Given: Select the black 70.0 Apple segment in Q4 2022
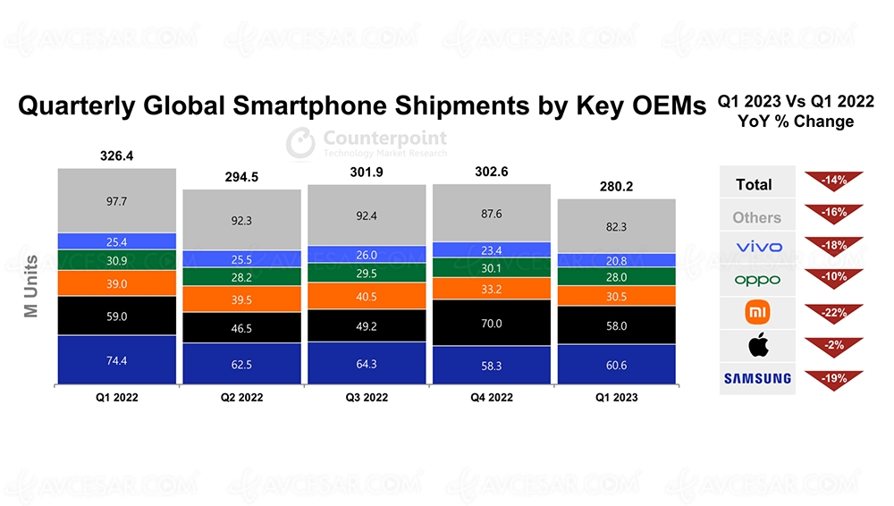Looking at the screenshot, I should tap(491, 323).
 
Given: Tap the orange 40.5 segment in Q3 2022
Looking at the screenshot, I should tap(367, 296).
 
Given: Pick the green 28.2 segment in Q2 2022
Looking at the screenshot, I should tap(242, 278).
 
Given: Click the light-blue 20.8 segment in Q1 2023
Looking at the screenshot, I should tap(616, 260).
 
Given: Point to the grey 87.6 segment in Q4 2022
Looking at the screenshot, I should tap(491, 214).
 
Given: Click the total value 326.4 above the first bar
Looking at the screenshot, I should tap(117, 156).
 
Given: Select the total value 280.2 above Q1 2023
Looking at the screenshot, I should tap(616, 188).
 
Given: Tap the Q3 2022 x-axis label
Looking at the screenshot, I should tap(367, 398).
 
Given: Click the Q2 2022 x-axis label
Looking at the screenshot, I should tap(242, 398).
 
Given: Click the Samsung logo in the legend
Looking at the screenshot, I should tap(756, 378).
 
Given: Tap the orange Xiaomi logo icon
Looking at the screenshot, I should tap(756, 312).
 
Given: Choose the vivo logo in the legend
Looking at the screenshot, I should tap(756, 247).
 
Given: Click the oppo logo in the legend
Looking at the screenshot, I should tap(756, 280).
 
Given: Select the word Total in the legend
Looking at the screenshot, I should tap(754, 184).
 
